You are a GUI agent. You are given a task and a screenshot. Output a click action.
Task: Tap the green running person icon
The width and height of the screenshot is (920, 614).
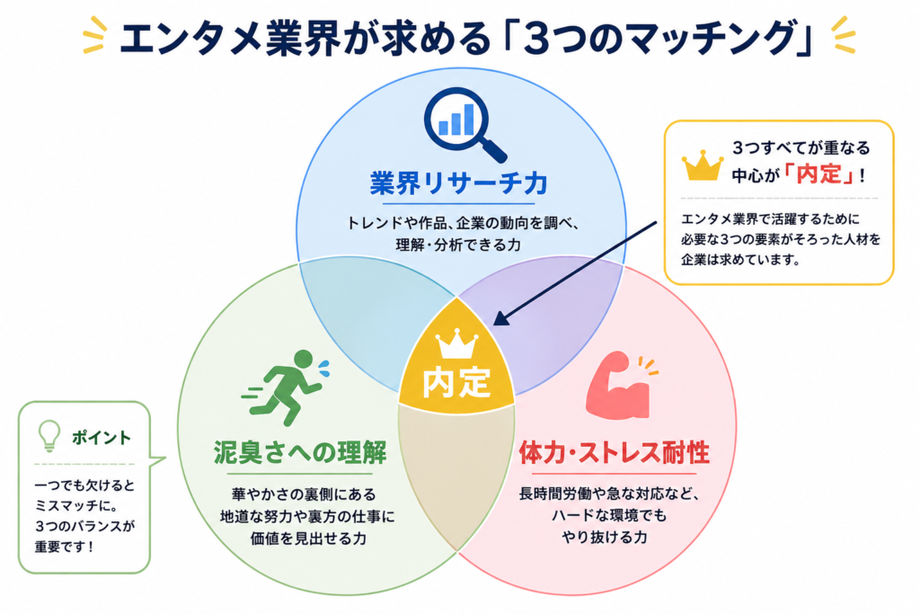coord(286,387)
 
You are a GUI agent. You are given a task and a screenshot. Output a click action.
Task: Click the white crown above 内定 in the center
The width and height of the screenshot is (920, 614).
coord(456,343)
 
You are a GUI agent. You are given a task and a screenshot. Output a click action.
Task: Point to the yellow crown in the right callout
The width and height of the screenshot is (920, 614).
coord(702,165)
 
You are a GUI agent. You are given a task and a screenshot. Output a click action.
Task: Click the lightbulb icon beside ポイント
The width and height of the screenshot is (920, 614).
coord(49,435)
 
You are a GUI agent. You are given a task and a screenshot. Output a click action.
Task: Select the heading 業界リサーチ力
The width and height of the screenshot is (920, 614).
coord(459,182)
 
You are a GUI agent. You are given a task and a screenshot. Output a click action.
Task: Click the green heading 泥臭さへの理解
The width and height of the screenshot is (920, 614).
coord(300,452)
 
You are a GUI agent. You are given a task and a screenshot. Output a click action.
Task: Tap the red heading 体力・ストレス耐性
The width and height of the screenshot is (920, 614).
coord(615,452)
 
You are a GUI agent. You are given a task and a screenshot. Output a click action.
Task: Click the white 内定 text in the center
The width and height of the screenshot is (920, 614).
coord(456,381)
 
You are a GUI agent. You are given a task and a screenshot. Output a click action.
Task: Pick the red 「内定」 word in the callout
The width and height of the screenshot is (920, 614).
coord(819,174)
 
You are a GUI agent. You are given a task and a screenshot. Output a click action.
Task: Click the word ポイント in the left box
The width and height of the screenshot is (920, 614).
coord(102,437)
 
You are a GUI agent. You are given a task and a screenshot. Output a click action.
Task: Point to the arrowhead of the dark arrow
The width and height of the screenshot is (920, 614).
coord(500,319)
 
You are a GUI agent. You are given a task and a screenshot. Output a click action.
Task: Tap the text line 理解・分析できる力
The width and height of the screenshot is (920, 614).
coord(458,245)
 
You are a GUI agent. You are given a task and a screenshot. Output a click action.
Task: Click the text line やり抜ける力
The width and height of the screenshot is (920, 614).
coord(605,537)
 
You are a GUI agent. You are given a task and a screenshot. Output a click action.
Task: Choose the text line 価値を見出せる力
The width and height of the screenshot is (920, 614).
coord(308,538)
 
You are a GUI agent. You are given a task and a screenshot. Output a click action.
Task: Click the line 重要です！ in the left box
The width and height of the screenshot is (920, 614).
coord(64,547)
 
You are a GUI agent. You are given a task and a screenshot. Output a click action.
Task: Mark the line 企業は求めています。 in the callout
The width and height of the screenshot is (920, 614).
coord(740,260)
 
